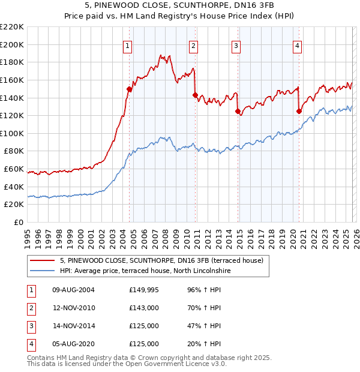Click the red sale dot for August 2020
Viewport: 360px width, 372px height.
click(299, 111)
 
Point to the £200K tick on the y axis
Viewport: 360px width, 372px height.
click(13, 45)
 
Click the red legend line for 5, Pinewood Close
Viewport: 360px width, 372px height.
click(43, 260)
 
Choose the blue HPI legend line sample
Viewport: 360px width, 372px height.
click(43, 271)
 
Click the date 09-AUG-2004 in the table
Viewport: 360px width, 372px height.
click(73, 290)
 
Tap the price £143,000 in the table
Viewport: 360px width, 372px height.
click(144, 308)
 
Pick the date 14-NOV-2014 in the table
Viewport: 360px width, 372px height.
click(73, 326)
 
